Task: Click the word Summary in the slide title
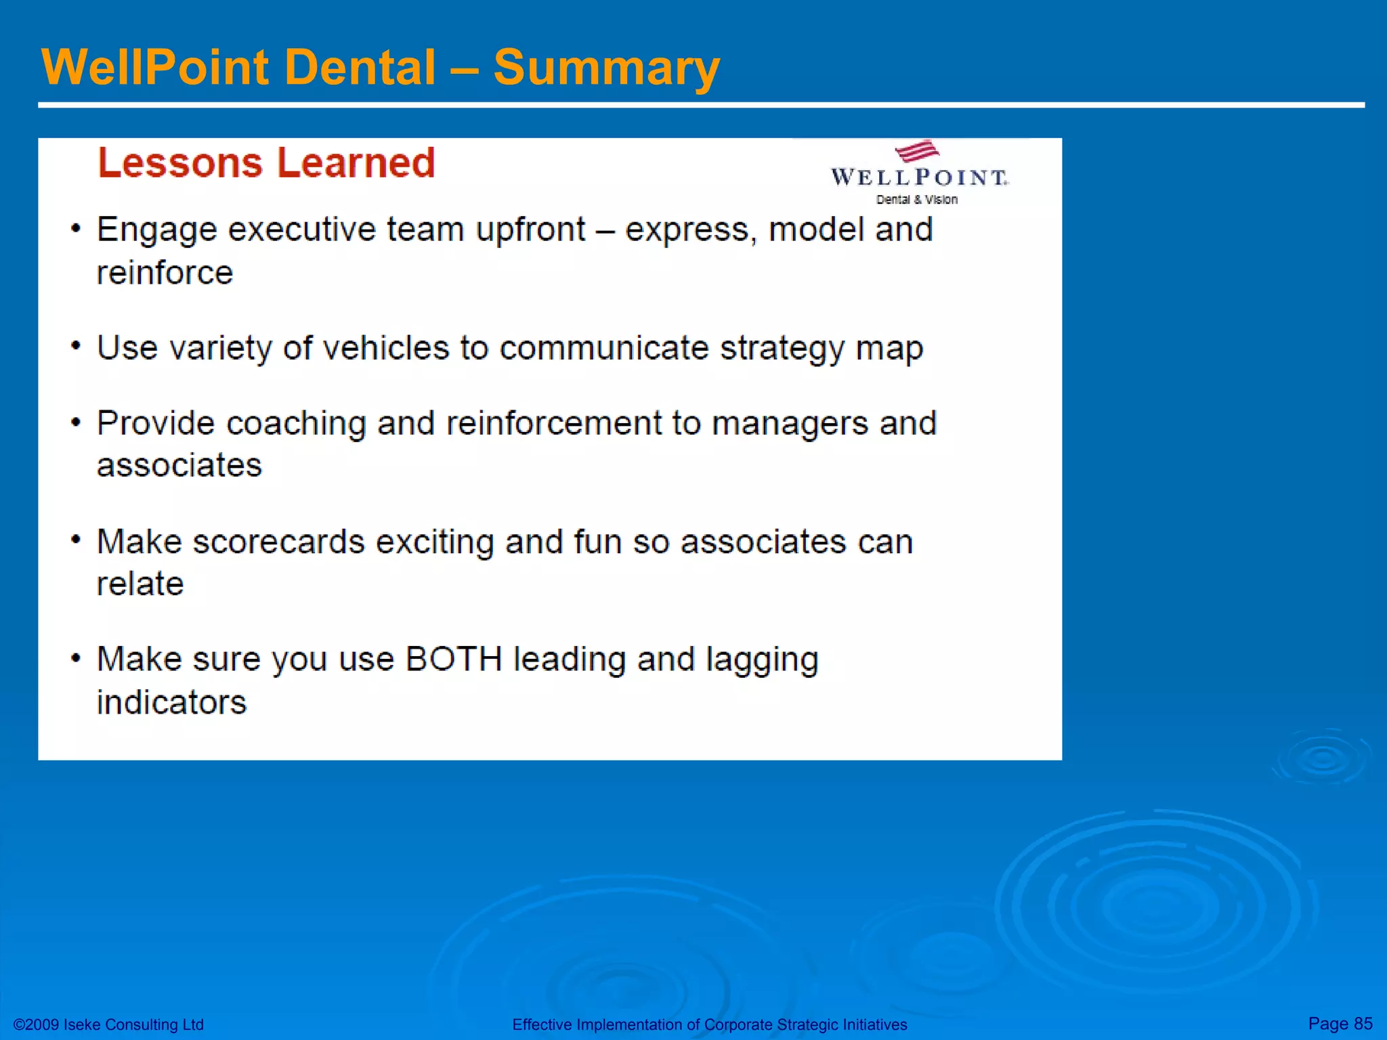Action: point(606,68)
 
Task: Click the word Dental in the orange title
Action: point(360,68)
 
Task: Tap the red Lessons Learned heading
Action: point(266,163)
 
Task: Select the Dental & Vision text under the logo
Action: point(916,200)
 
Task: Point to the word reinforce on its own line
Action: point(165,273)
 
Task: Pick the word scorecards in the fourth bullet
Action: point(278,542)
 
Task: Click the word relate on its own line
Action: point(140,584)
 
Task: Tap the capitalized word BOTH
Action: point(453,659)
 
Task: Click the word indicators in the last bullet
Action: point(171,702)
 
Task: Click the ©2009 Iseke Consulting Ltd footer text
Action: point(108,1024)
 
